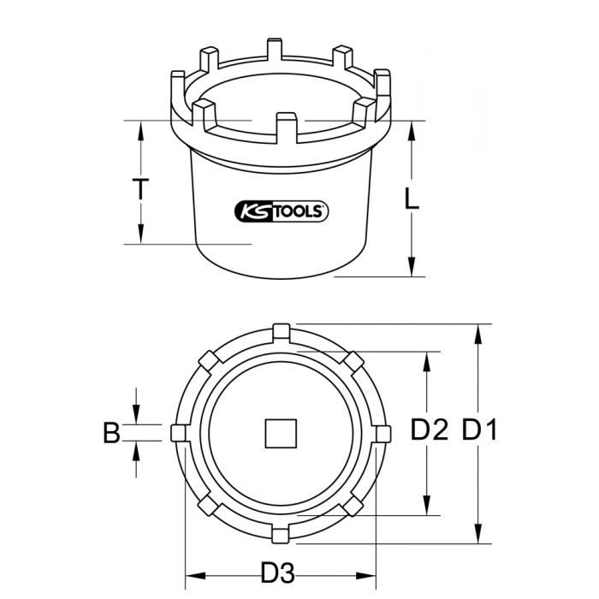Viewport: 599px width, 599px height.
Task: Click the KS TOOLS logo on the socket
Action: (282, 211)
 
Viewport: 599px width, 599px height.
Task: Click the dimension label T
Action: (140, 189)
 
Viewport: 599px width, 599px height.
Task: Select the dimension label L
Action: (412, 199)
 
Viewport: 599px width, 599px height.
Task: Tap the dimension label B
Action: (111, 433)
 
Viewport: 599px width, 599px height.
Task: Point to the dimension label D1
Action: (479, 430)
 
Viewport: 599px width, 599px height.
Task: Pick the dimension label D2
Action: (429, 430)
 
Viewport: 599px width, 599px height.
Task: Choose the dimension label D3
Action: (278, 572)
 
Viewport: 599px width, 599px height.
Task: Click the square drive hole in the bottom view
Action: (282, 433)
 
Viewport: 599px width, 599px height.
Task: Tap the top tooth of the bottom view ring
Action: (282, 332)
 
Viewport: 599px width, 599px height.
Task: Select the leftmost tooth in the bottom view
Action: (178, 433)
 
